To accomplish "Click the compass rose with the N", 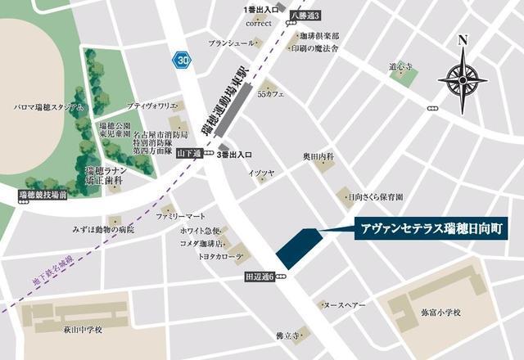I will click(463, 78).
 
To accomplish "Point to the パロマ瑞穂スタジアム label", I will click(48, 107).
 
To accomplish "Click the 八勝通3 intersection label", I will click(306, 15).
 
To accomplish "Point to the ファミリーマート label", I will click(183, 216).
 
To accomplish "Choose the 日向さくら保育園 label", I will click(376, 197).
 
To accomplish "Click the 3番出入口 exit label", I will click(236, 154).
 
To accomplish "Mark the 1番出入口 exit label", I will click(261, 9).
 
